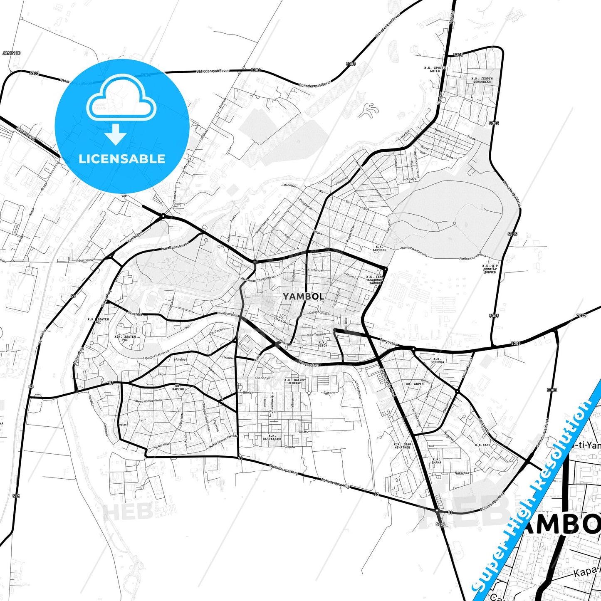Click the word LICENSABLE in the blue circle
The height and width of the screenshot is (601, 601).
pos(122,159)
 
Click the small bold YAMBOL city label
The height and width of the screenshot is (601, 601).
pos(303,297)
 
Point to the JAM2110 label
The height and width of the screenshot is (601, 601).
pos(11,53)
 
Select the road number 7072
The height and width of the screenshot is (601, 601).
pos(581,316)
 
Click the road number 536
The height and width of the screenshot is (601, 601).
pos(16,496)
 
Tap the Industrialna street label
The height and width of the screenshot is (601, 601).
pos(84,260)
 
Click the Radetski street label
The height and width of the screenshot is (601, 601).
pos(289,186)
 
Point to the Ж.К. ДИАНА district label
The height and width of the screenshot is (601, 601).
pos(436,461)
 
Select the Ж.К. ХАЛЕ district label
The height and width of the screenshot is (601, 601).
pos(483,445)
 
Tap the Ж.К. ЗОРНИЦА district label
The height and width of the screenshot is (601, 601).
pos(437,360)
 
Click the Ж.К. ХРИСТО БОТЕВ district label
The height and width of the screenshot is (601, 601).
pos(435,69)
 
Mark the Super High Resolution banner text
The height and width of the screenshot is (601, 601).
pos(537,491)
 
